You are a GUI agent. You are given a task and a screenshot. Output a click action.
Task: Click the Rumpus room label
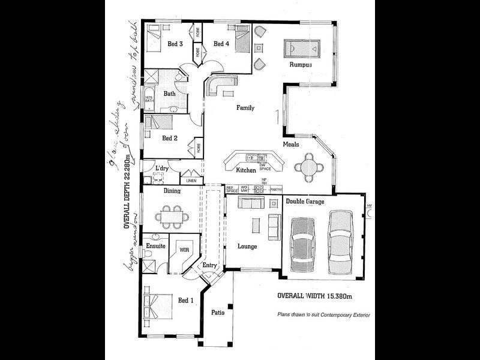point(301,65)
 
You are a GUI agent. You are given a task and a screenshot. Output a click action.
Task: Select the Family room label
point(245,108)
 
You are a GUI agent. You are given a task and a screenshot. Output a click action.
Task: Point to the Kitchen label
point(246,170)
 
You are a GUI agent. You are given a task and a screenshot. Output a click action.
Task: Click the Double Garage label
point(304,202)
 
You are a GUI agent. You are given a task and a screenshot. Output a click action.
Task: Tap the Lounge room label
point(247,246)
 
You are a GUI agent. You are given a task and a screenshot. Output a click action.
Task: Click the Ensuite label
point(156,246)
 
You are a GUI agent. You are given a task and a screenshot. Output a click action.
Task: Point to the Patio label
point(217,312)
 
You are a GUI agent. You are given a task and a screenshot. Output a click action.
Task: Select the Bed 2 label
point(170,138)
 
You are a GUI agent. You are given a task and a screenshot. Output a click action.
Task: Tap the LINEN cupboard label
point(191,180)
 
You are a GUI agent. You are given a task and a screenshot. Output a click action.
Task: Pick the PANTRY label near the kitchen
point(275,190)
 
